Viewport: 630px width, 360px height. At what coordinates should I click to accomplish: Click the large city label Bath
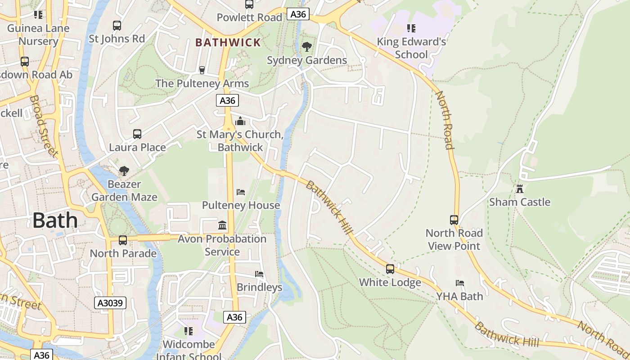pos(55,220)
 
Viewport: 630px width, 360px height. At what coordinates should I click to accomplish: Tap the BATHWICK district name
pos(228,43)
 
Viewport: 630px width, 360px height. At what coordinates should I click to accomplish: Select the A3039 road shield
pos(111,303)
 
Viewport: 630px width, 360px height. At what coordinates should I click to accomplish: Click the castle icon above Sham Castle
pos(520,189)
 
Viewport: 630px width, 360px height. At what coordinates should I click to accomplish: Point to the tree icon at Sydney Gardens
pos(307,46)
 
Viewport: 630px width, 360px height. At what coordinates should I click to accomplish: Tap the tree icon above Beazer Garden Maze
pos(124,171)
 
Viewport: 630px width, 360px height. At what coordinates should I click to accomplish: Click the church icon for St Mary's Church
pos(240,121)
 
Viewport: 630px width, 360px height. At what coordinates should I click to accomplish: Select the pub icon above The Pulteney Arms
pos(202,70)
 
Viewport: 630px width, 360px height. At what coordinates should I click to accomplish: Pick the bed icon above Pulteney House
pos(241,192)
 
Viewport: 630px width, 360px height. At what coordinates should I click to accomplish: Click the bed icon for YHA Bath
pos(459,283)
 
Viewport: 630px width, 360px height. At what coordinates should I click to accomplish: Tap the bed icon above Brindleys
pos(259,274)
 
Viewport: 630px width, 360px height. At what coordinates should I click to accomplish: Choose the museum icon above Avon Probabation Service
pos(222,225)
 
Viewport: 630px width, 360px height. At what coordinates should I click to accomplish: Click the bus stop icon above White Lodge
pos(390,269)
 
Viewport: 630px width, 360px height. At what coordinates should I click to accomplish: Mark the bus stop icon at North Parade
pos(123,240)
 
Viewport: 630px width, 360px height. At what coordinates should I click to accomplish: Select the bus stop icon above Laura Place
pos(137,134)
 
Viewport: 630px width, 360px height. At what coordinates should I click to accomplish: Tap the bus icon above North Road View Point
pos(454,220)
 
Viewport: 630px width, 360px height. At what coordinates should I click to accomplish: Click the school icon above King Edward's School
pos(411,28)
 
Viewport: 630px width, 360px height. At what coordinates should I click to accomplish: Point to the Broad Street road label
pos(44,126)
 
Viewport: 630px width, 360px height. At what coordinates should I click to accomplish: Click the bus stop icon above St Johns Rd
pos(117,25)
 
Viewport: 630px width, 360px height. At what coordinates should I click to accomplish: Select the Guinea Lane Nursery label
pos(39,35)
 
